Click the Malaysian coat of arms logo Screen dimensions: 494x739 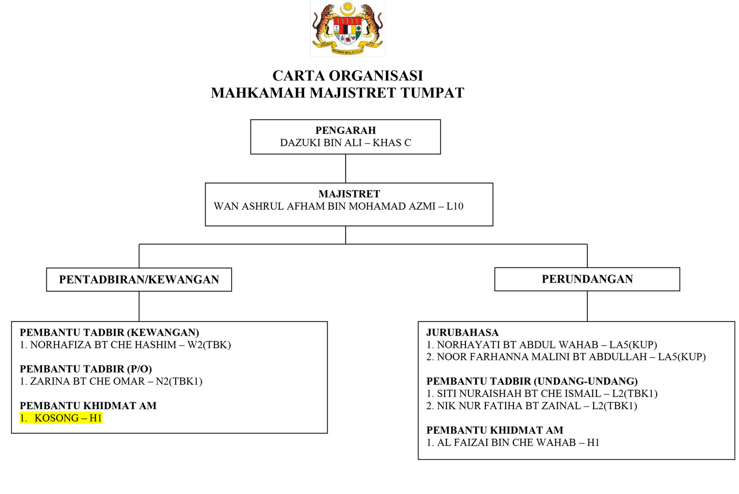[x=348, y=29]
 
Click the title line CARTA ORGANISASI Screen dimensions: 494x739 [x=348, y=76]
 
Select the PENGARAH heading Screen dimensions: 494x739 [x=346, y=130]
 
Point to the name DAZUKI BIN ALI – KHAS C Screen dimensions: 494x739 [x=346, y=143]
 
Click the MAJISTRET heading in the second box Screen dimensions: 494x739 [x=349, y=194]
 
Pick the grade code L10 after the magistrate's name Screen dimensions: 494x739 [x=455, y=207]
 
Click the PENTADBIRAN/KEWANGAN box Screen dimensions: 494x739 [x=139, y=280]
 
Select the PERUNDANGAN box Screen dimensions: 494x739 [x=587, y=279]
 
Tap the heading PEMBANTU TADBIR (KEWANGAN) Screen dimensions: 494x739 [x=109, y=333]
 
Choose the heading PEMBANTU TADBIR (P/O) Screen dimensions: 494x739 [x=86, y=369]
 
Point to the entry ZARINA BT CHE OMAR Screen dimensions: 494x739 [x=87, y=382]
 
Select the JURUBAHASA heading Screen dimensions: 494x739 [x=462, y=333]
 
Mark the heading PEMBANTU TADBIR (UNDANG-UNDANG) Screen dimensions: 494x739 [x=532, y=381]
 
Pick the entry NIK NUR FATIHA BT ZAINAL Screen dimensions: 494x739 [x=508, y=406]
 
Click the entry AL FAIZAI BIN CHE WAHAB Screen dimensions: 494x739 [x=506, y=443]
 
